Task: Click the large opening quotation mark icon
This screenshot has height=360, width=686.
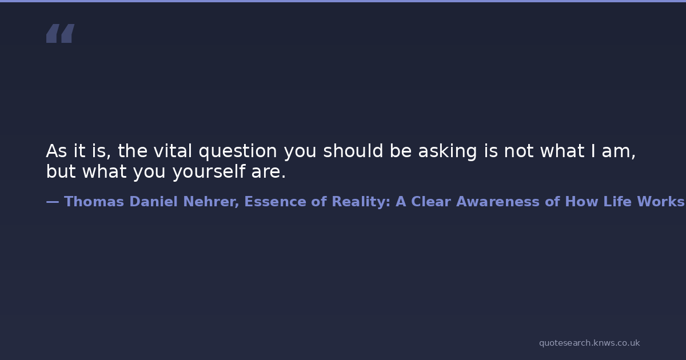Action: click(x=61, y=33)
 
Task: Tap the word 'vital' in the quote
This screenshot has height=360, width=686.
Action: click(x=173, y=151)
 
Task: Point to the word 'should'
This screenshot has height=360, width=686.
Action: click(x=353, y=151)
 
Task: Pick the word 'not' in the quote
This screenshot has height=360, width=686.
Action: click(x=519, y=151)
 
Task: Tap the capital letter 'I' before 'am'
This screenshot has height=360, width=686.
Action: click(x=593, y=151)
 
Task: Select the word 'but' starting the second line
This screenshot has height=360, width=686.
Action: click(x=61, y=171)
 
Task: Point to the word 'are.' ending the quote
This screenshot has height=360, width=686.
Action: click(x=269, y=172)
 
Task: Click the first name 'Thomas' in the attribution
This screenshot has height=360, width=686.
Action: click(x=94, y=202)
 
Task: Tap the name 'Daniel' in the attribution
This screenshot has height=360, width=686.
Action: click(x=153, y=202)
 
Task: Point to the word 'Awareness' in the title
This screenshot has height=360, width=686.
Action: click(x=498, y=202)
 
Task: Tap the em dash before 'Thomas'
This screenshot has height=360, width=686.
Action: click(x=53, y=202)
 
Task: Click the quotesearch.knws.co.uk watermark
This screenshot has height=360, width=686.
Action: click(x=589, y=343)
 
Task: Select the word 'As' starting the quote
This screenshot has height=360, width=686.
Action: click(x=57, y=151)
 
